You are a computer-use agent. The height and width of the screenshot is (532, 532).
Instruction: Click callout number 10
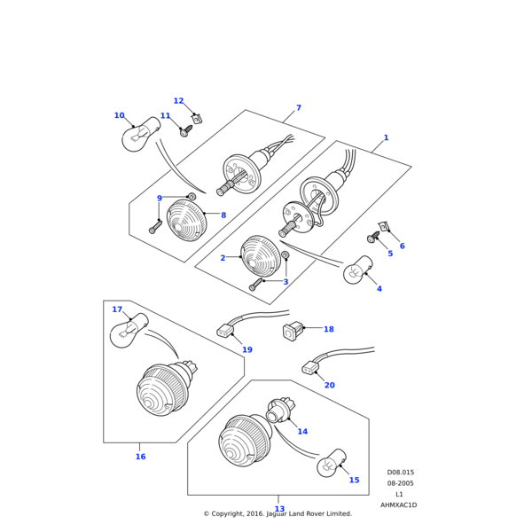119,115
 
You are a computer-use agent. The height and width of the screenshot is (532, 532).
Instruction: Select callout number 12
178,101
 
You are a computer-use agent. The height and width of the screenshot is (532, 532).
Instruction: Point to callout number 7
299,108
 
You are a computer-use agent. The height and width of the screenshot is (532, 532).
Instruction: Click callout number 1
386,137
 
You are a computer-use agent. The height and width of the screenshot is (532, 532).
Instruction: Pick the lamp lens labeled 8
186,219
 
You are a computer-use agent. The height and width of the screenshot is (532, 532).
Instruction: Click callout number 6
402,246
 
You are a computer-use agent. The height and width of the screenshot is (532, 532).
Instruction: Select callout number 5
390,254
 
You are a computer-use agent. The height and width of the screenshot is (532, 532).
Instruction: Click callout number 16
140,457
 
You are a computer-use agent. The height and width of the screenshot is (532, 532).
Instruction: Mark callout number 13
279,509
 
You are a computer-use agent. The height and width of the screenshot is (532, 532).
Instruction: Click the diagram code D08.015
400,473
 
